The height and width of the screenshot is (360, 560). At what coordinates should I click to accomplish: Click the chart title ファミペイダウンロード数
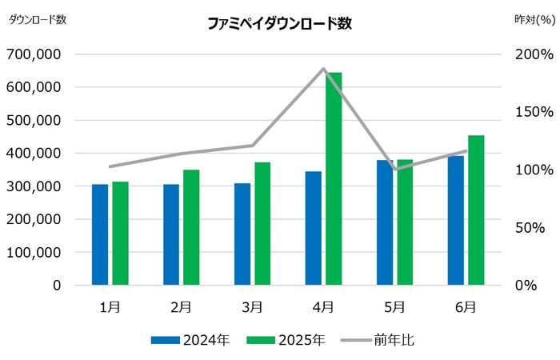(x=279, y=24)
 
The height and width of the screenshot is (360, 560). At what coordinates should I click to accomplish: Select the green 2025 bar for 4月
(x=333, y=178)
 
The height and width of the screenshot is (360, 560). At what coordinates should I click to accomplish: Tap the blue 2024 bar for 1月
(x=100, y=234)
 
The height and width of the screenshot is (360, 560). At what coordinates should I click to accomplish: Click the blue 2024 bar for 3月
(x=242, y=234)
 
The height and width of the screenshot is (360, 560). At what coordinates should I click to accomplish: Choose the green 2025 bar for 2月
(x=191, y=227)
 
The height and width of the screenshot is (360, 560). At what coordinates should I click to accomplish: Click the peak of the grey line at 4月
(x=324, y=69)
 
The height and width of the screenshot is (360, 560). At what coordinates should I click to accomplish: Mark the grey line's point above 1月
(x=110, y=166)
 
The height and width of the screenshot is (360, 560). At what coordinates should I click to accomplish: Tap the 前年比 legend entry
(x=381, y=340)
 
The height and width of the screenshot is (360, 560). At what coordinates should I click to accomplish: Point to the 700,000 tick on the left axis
(x=34, y=54)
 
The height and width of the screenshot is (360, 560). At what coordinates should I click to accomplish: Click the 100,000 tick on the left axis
(x=34, y=252)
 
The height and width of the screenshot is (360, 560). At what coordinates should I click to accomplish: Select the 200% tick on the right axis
(x=534, y=54)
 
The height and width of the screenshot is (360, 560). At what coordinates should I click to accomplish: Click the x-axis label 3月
(x=252, y=306)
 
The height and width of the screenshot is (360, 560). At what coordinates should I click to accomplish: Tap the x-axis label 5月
(x=394, y=306)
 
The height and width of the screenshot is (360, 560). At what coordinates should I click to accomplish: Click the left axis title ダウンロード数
(x=38, y=20)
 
